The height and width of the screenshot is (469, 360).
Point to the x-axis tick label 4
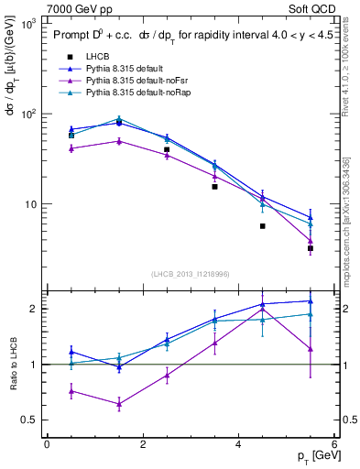coord(238,444)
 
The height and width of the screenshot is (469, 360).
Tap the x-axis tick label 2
coord(142,444)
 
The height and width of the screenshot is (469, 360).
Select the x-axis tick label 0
coord(47,444)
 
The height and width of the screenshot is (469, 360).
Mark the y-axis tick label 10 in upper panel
coord(28,204)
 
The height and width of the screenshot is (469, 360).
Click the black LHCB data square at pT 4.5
coord(263,225)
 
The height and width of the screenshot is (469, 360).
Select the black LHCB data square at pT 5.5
coord(311,248)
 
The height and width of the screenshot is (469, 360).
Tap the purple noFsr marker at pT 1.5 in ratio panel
coord(119,404)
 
